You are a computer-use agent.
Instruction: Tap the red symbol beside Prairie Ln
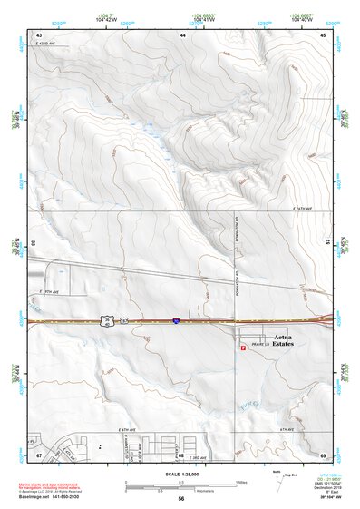click(243, 352)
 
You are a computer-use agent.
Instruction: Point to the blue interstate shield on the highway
click(175, 320)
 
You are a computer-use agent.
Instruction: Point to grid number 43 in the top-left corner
click(39, 34)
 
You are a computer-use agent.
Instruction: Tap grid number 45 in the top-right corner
click(324, 34)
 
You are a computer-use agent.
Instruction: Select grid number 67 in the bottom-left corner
click(39, 454)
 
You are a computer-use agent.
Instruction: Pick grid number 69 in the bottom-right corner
click(324, 454)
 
